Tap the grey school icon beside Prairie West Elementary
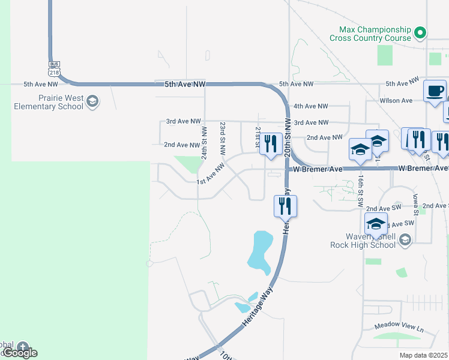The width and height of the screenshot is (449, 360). [x=92, y=102]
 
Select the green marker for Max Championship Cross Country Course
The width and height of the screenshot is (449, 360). [x=421, y=32]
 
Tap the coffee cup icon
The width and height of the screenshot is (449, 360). [x=435, y=92]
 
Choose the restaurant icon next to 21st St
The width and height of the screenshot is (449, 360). [x=271, y=143]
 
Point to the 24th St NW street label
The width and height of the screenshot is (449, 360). [x=205, y=142]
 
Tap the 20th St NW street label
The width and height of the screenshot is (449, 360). [x=288, y=137]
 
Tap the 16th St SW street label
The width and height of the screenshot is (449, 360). [x=360, y=191]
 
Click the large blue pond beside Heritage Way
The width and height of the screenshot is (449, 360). [x=260, y=251]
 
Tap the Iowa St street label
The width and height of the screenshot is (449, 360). [x=415, y=204]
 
